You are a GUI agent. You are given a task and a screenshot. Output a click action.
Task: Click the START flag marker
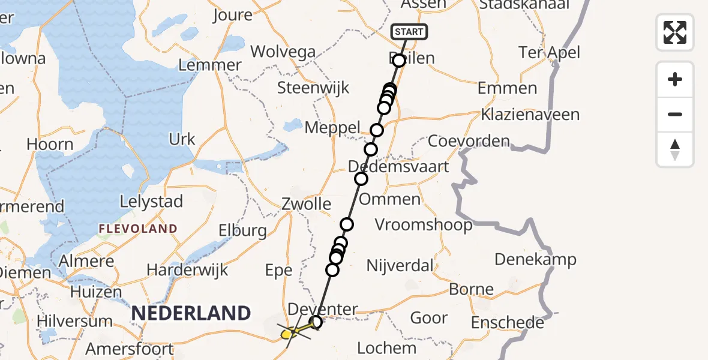[409, 32]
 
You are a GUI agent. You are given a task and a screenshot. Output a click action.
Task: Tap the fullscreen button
[675, 32]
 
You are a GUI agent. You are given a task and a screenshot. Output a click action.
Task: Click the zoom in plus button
[675, 79]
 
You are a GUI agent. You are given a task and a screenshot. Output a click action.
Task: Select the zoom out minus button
[675, 114]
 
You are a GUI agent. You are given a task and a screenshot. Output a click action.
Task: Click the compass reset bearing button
[675, 149]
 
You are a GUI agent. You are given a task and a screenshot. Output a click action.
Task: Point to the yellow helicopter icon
[290, 331]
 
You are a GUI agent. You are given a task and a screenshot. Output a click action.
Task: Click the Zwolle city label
[306, 204]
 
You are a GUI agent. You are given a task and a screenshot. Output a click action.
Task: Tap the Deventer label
[322, 310]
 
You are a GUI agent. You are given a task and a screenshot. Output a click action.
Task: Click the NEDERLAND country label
[191, 313]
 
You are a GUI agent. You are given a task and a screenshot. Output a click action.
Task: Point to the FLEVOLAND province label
[138, 229]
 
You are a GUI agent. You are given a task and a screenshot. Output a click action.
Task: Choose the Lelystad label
[151, 202]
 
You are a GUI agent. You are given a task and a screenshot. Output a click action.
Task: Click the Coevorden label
[469, 142]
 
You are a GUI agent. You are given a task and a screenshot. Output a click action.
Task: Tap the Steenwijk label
[313, 88]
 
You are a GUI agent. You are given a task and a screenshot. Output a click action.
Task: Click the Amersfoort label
[130, 349]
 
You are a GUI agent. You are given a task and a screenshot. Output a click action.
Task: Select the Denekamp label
[535, 260]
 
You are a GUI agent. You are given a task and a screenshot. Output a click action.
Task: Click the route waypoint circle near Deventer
[316, 323]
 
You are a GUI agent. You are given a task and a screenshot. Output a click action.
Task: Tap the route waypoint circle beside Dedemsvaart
[361, 178]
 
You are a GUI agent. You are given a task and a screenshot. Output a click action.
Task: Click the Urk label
[182, 139]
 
